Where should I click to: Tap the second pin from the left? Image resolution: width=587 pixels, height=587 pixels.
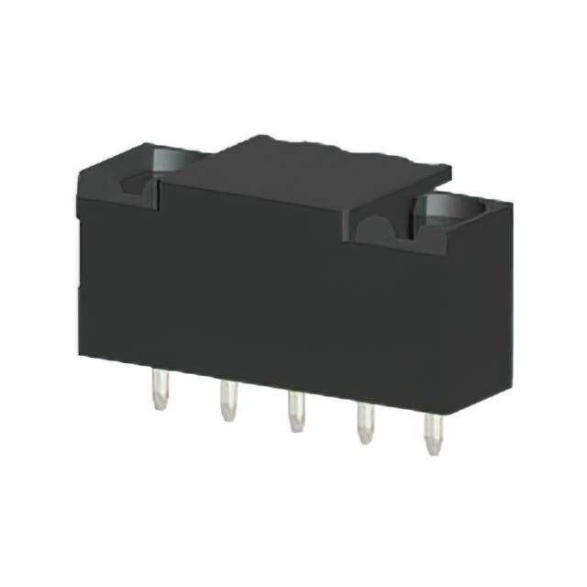click(225, 403)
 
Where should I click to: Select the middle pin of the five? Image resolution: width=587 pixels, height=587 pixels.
click(294, 414)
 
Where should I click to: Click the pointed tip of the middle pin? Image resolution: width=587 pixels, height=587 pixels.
click(294, 430)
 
